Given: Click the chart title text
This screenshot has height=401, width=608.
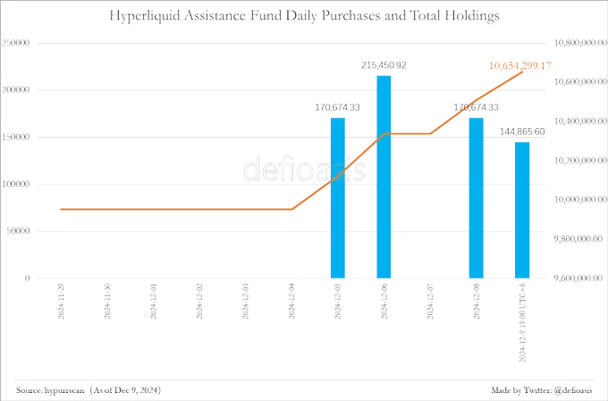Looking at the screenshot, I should coord(304,16).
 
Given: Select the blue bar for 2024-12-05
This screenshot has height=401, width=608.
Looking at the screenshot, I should coord(337,197).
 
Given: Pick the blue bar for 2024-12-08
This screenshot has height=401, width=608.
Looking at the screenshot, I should coord(475,197).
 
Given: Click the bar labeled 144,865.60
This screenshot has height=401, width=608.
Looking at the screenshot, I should coord(521,209).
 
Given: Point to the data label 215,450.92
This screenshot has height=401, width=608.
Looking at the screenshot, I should coord(383,65).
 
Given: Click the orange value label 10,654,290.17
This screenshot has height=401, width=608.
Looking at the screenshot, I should coord(519,65).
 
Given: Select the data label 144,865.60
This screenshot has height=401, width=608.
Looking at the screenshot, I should coord(523,132).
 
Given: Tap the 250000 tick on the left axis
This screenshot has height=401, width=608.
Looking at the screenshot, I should coord(18,42).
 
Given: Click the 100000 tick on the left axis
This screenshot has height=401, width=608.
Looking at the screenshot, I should coord(18,183).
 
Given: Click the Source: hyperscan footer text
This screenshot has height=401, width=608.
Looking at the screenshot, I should coord(89,391).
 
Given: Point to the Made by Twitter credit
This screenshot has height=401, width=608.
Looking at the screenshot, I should coord(545,391).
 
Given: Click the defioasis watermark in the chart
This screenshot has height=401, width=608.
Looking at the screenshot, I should coord(304,169).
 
